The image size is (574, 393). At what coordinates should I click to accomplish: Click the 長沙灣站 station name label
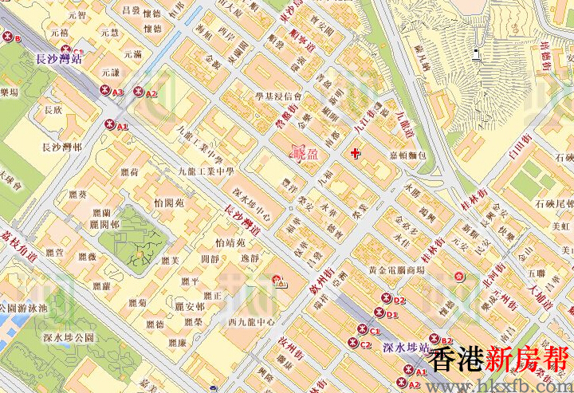point(61,58)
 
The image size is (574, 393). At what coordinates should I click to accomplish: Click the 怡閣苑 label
point(169,203)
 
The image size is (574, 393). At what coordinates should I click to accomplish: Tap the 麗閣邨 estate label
point(104,225)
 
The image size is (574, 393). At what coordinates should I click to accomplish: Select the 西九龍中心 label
point(251,323)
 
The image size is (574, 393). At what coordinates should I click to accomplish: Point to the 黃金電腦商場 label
point(396,270)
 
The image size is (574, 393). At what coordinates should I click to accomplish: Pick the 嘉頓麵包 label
point(408,155)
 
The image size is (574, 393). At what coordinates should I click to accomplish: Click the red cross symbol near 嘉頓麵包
point(355,151)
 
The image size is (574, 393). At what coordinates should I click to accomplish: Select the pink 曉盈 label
point(305,153)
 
